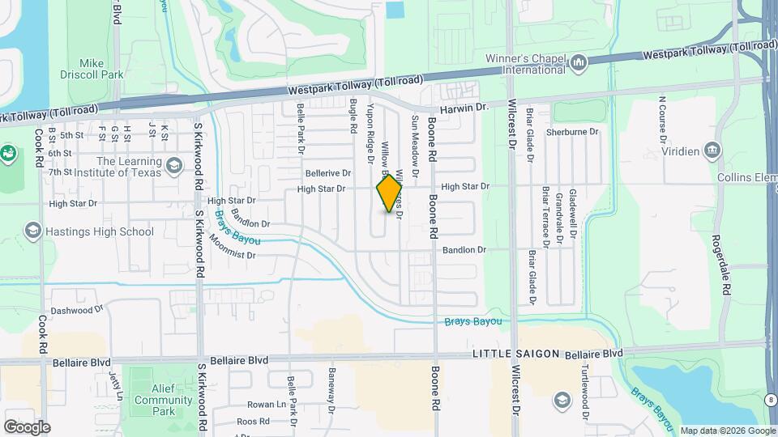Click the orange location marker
[390, 193]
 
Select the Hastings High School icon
[33, 231]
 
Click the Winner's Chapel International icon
[579, 63]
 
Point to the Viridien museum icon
[712, 150]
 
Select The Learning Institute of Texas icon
[173, 166]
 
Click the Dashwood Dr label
[78, 310]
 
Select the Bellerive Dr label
[328, 173]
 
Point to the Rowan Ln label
[267, 405]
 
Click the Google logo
[26, 427]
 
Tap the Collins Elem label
[746, 177]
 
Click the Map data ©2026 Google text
[728, 431]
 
